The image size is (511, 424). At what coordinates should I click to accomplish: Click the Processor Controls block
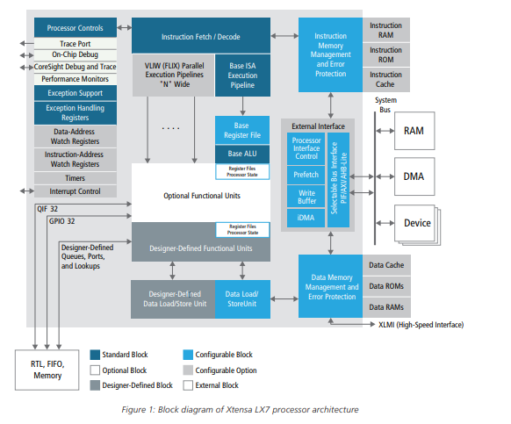[76, 28]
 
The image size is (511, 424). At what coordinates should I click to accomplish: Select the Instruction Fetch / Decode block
[201, 35]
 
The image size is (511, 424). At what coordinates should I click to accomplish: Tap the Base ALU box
[242, 154]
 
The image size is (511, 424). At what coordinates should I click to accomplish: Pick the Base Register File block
[242, 130]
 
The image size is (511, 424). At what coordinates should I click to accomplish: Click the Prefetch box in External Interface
[306, 175]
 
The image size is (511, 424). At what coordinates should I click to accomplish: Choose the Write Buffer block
[306, 197]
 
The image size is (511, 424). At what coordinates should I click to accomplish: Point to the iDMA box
[306, 218]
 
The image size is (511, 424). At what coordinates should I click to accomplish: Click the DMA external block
[414, 176]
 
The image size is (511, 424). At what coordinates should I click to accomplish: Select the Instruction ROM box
[385, 54]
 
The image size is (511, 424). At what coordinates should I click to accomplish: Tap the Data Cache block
[386, 265]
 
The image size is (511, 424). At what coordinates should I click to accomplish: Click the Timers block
[76, 178]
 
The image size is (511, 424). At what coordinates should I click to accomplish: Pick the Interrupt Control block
[76, 191]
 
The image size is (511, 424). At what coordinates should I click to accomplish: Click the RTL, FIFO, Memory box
[47, 370]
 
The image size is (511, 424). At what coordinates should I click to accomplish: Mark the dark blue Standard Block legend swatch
[95, 355]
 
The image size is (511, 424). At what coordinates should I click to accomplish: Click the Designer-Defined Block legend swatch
[95, 385]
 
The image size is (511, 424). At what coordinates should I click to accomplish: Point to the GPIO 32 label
[62, 221]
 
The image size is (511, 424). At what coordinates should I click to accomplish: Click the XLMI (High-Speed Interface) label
[421, 325]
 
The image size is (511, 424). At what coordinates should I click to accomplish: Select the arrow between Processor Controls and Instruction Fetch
[124, 28]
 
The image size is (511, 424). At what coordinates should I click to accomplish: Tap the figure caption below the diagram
[240, 410]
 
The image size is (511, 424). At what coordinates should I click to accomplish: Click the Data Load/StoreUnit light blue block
[242, 299]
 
